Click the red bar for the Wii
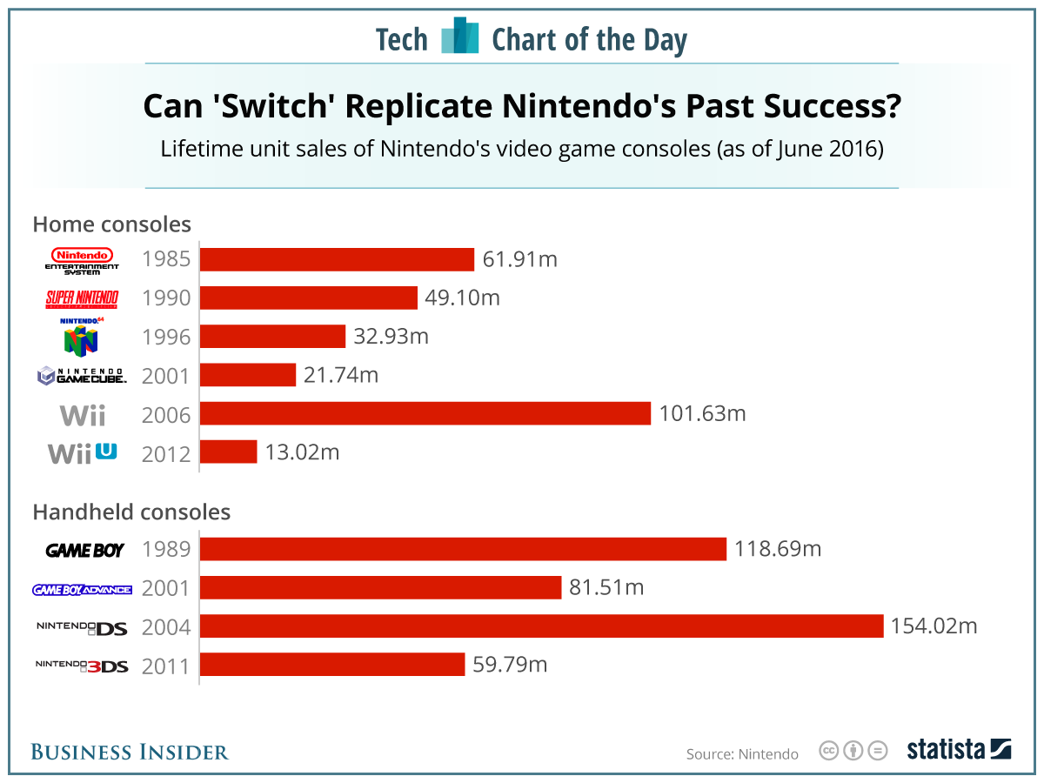(425, 413)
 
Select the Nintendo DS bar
(542, 626)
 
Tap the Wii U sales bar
(229, 452)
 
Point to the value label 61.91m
(519, 259)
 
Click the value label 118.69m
(778, 549)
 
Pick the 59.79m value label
(510, 665)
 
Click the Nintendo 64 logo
(81, 336)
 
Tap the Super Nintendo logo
(81, 298)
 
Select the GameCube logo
(81, 376)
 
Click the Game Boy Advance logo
(81, 589)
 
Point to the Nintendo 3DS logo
(81, 666)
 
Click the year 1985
(165, 260)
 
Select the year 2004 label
(165, 627)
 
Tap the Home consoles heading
(111, 224)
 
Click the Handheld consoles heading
(131, 512)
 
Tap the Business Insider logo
(130, 752)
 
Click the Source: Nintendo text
(742, 753)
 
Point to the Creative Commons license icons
(853, 750)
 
